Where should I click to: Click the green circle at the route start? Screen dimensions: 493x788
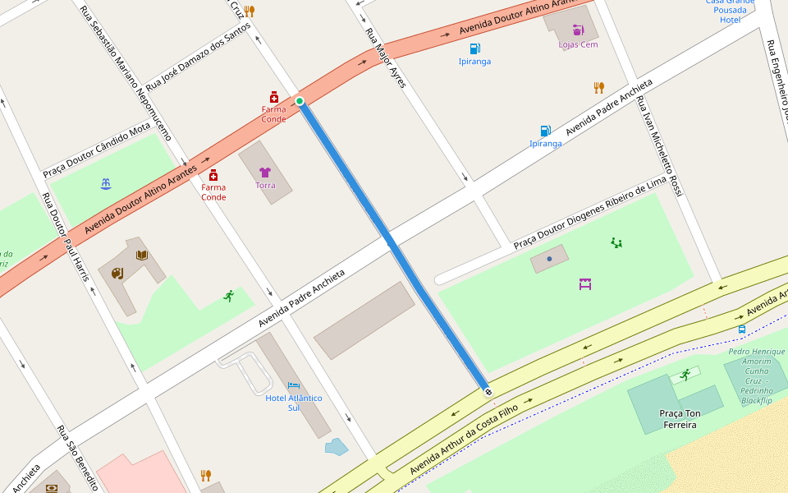(x=300, y=101)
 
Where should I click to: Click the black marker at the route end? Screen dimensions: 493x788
(x=488, y=392)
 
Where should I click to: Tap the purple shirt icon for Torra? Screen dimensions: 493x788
(x=264, y=173)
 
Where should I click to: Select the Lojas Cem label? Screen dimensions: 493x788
(x=578, y=44)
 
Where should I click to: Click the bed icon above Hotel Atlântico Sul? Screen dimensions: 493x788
(x=294, y=385)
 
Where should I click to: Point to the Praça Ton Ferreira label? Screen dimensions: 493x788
(x=678, y=419)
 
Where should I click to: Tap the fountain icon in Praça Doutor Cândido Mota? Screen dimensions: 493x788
(x=105, y=183)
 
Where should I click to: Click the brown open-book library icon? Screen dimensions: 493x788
(x=142, y=256)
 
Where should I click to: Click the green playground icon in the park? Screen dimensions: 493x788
(x=616, y=242)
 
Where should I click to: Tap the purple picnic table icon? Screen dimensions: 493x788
(x=585, y=284)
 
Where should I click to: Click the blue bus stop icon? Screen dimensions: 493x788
(x=741, y=329)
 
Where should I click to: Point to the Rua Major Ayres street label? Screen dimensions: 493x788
(x=386, y=58)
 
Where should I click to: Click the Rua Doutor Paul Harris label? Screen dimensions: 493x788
(x=65, y=237)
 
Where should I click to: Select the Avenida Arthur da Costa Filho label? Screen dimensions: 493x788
(x=464, y=434)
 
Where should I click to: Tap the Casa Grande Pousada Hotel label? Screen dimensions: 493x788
(x=730, y=10)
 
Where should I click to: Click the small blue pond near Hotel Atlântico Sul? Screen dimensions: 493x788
(x=337, y=447)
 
